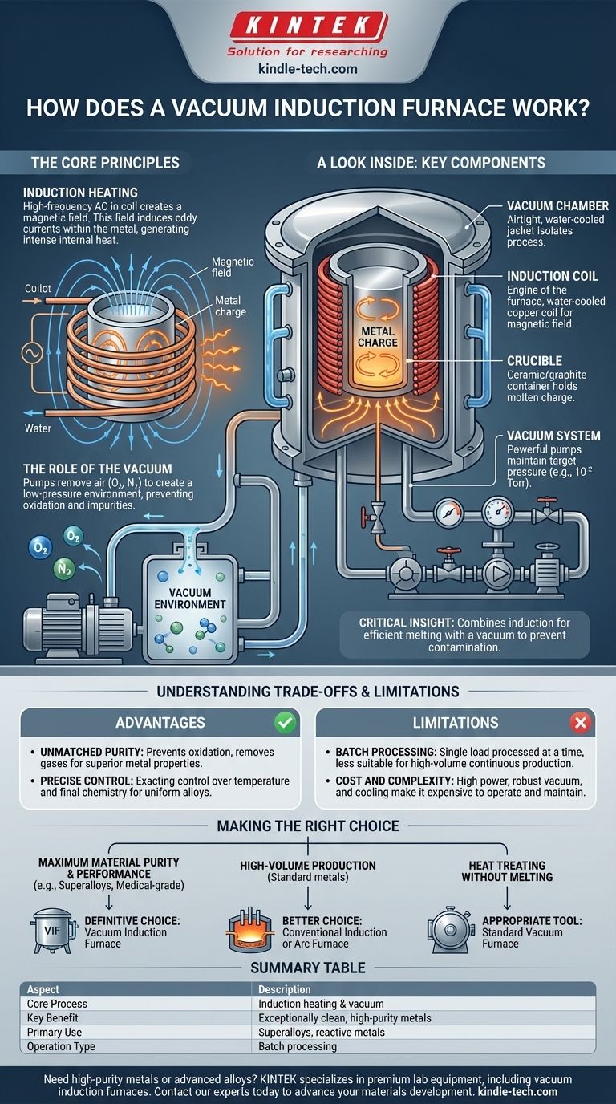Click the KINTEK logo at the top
click(308, 26)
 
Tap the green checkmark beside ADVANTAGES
click(284, 723)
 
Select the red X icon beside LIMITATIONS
click(580, 723)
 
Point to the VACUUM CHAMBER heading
click(557, 206)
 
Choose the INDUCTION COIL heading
click(552, 276)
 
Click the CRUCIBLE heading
click(534, 361)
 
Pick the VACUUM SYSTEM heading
click(553, 436)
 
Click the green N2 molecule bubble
click(60, 570)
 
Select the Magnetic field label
click(233, 267)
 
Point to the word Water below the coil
click(37, 428)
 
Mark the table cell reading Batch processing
click(297, 1046)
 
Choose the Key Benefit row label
click(54, 1017)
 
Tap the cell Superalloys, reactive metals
click(321, 1032)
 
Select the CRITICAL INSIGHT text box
click(464, 635)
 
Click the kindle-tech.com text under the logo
click(308, 69)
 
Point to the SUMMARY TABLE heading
click(308, 968)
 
